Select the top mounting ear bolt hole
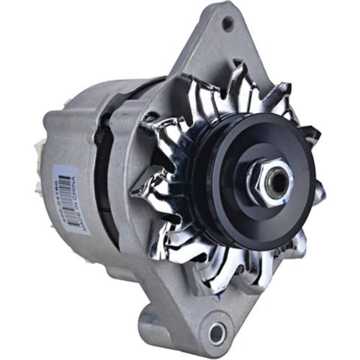[x=228, y=24]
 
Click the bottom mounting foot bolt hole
[x=216, y=333]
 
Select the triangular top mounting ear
[x=223, y=43]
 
